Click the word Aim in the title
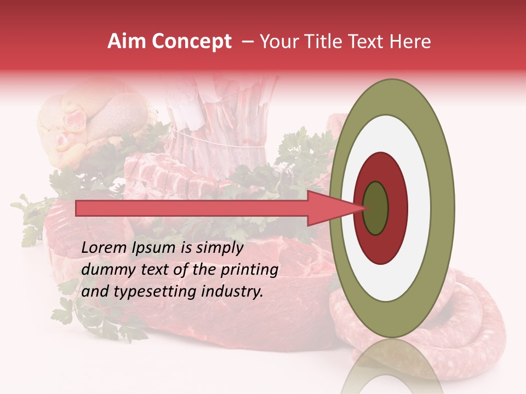tap(126, 42)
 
